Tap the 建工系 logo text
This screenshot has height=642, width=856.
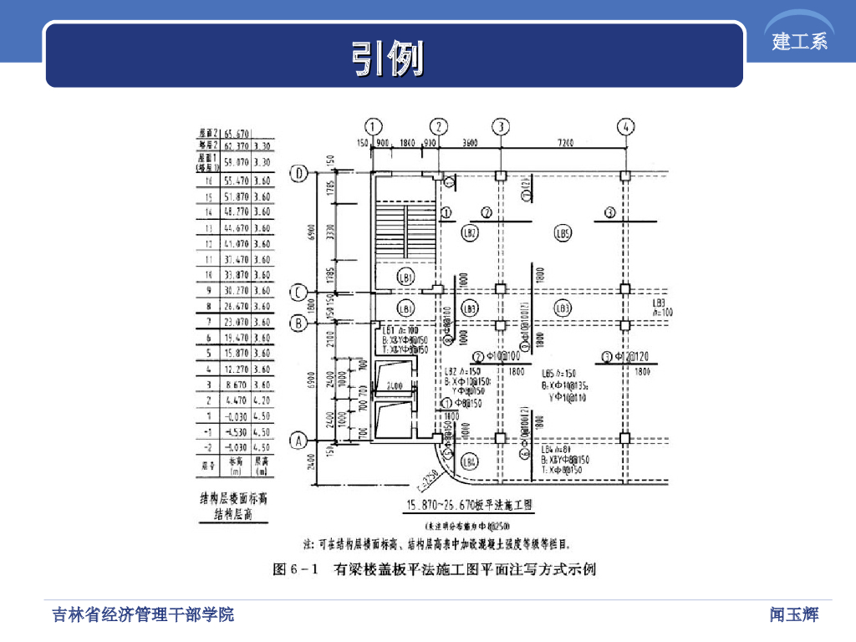click(800, 41)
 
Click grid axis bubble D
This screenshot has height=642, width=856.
click(299, 173)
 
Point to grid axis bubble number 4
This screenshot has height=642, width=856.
click(625, 126)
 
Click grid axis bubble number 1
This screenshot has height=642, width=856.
click(373, 126)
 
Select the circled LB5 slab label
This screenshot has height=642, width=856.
click(563, 234)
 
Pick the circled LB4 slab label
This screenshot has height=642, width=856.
click(470, 461)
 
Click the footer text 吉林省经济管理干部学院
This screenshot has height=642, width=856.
click(143, 615)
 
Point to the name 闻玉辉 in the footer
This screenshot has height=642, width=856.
click(794, 615)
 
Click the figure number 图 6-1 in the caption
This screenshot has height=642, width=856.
click(297, 570)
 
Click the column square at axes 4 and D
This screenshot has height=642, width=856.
click(625, 176)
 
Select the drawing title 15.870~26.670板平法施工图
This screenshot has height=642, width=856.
click(469, 505)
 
